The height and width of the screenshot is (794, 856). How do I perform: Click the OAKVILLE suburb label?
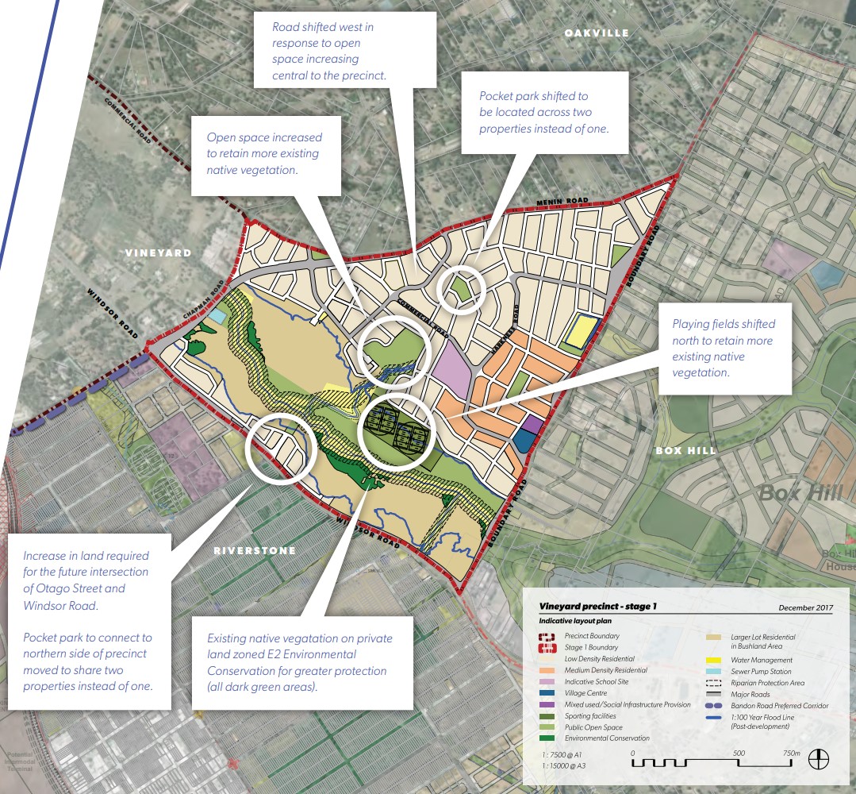[597, 33]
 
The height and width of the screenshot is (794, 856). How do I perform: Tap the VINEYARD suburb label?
[158, 252]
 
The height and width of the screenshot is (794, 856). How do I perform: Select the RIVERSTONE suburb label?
[255, 550]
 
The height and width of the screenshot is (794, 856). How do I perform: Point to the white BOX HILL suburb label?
[685, 450]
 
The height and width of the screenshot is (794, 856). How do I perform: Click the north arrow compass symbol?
[818, 759]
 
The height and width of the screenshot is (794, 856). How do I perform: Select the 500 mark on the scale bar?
[739, 753]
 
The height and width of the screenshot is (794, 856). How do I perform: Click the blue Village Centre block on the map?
[524, 441]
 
